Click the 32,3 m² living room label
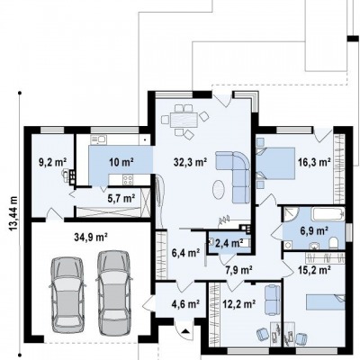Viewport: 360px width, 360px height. tap(190, 162)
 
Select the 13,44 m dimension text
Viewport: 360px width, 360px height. tap(13, 213)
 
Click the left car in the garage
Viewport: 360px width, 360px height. tap(67, 294)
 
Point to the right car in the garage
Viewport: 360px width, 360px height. tap(114, 292)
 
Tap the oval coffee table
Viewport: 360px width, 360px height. tap(219, 190)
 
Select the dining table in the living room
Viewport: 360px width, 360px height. tap(184, 120)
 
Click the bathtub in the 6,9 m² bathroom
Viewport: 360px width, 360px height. tap(328, 214)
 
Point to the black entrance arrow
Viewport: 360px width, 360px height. tap(186, 331)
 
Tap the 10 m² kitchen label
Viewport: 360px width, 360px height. tap(121, 162)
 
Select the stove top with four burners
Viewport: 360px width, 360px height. tap(128, 179)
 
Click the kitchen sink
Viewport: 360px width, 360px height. tap(98, 139)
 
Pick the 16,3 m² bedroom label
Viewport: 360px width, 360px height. tap(314, 162)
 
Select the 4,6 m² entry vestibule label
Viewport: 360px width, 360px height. tap(185, 304)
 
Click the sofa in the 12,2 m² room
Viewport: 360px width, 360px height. tap(273, 300)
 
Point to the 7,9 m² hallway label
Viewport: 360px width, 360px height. tap(238, 270)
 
